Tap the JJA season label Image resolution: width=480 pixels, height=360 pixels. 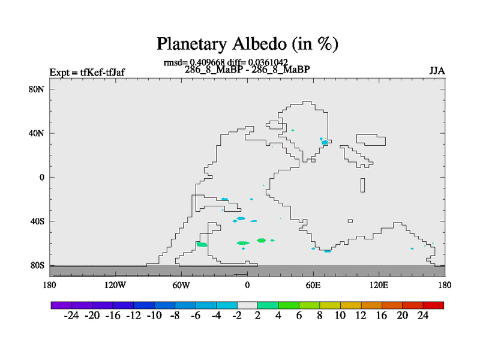coord(437,71)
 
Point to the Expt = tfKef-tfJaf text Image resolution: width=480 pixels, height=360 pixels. coord(87,72)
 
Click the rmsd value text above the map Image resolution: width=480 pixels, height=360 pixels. coord(194,62)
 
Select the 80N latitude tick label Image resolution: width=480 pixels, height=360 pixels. coord(37,89)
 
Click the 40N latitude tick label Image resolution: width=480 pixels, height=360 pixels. coord(37,133)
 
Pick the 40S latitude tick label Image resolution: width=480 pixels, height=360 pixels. coord(37,221)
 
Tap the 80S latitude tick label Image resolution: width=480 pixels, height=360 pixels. coord(37,265)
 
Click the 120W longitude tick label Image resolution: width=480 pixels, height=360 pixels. coord(115,286)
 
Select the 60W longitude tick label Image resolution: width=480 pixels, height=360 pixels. coord(181,286)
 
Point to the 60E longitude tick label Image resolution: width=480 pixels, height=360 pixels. coord(313,286)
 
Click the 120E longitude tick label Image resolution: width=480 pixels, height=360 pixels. coord(379,286)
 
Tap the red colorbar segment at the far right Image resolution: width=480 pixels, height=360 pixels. coord(433,305)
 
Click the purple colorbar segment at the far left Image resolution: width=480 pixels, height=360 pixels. coord(61,305)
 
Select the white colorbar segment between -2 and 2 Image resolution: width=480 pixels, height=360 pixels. coord(247,305)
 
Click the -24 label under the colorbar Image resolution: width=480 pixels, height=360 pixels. coord(71,316)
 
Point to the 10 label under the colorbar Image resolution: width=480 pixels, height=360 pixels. coord(340,316)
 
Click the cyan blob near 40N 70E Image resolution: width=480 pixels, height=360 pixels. coord(325,142)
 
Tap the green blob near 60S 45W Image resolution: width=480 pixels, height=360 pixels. coord(202,244)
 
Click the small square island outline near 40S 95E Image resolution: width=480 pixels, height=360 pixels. coord(350,221)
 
